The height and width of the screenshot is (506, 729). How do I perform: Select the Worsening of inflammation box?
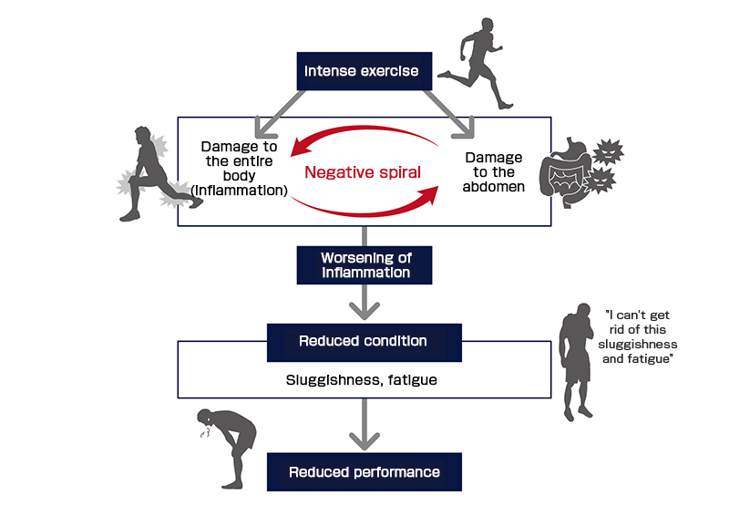tap(364, 264)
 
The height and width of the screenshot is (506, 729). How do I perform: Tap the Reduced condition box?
tap(364, 341)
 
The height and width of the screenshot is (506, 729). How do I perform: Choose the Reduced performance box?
tap(364, 471)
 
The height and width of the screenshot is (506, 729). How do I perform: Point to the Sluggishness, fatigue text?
tap(364, 379)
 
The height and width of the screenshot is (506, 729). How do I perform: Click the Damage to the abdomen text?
tap(492, 170)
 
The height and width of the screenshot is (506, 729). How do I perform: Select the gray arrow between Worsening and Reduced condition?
tap(364, 302)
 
